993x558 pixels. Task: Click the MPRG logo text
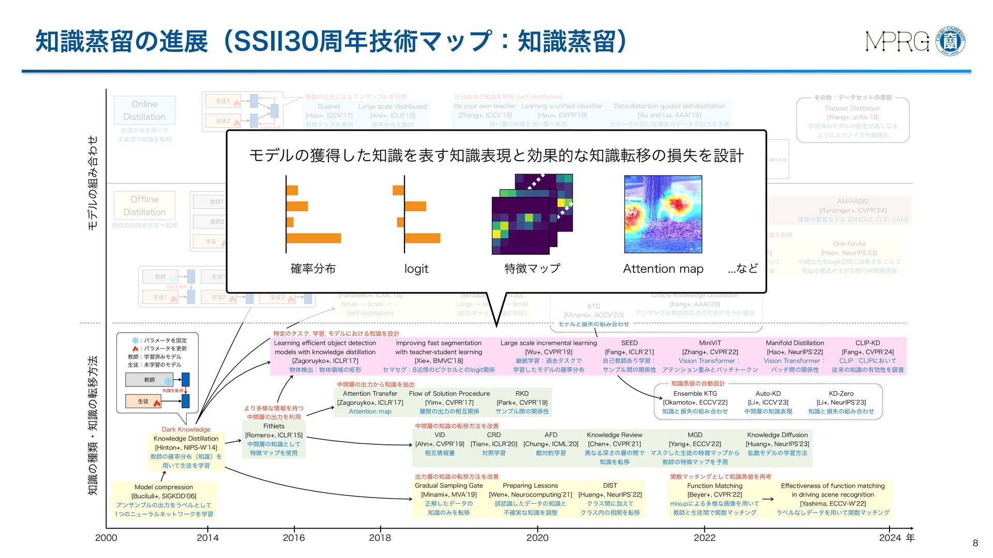point(897,42)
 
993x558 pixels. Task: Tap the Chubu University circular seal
point(951,41)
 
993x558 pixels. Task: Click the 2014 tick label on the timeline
point(207,538)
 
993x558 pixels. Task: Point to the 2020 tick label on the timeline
point(537,538)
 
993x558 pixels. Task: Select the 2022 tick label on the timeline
point(704,538)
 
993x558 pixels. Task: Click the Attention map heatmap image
point(663,214)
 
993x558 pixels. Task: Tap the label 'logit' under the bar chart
point(416,269)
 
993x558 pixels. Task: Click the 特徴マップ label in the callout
point(532,269)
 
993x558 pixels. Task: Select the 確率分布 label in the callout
point(313,269)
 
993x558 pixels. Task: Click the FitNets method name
point(274,426)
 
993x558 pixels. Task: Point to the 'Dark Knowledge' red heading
point(186,429)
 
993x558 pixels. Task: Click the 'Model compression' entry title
point(163,487)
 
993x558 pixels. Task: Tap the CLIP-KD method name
point(867,343)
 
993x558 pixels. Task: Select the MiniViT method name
point(710,343)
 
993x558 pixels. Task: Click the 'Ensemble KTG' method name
point(695,394)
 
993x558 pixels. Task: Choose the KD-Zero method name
point(841,394)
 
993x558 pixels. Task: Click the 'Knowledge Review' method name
point(614,435)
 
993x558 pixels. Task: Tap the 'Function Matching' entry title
point(715,486)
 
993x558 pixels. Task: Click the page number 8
point(975,543)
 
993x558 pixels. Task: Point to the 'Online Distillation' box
point(144,111)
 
